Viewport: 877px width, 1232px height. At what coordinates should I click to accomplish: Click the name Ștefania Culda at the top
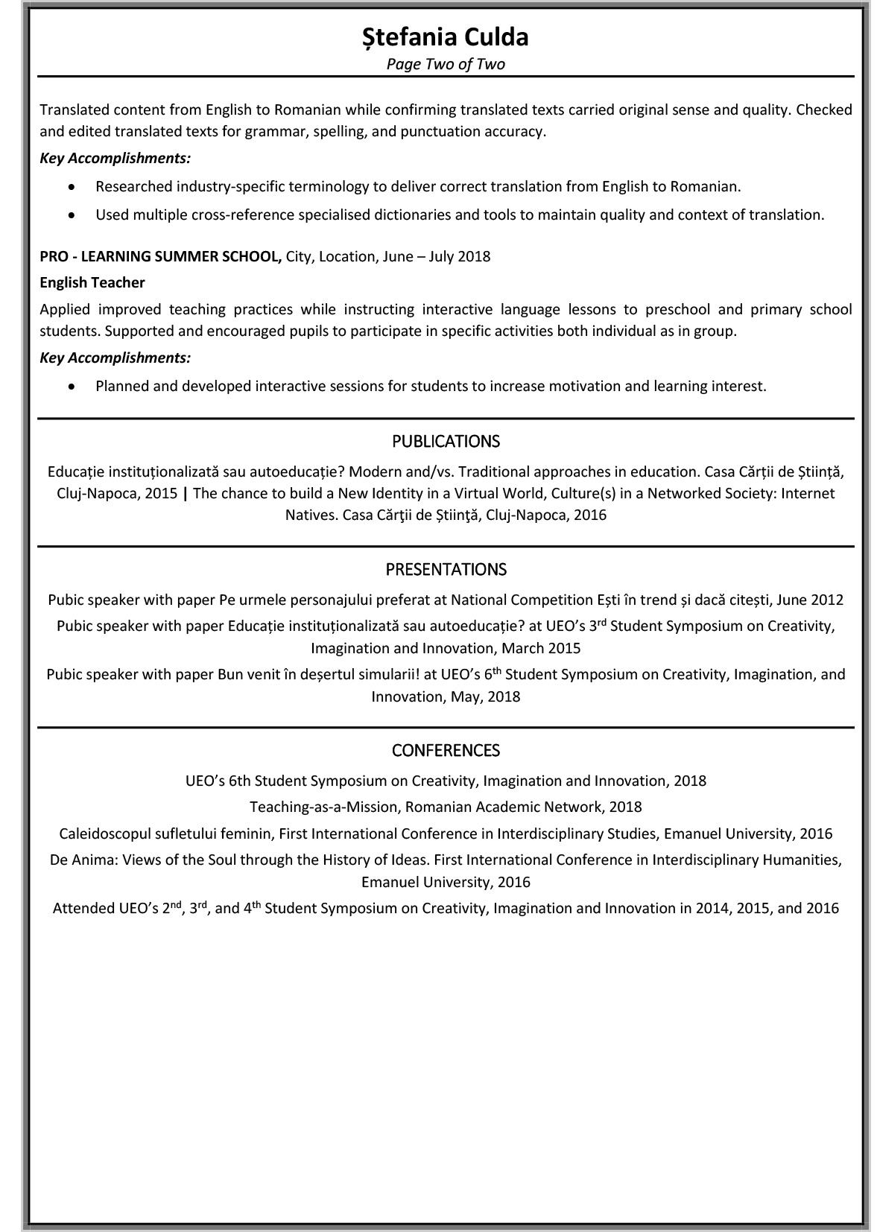coord(445,37)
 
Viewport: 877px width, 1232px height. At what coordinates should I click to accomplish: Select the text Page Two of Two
coord(445,64)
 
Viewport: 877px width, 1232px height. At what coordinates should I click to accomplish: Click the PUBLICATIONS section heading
coord(446,442)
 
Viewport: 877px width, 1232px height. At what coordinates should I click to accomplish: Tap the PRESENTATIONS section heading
coord(446,570)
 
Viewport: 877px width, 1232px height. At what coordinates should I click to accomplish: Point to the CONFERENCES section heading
coord(446,750)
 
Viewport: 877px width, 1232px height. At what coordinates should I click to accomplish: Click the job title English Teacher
coord(92,282)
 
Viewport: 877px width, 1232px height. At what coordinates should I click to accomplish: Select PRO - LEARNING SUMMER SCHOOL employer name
coord(160,256)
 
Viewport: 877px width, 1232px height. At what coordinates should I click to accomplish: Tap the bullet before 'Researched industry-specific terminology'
coord(71,187)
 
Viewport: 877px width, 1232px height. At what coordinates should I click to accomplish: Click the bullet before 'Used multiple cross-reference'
coord(71,215)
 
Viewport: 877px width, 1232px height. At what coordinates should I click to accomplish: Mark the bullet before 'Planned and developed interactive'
coord(71,387)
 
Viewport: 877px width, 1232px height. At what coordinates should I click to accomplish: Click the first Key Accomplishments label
coord(115,158)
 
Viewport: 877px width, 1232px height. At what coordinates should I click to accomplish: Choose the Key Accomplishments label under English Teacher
coord(115,358)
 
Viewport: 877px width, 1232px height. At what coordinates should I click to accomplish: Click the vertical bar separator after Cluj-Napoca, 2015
coord(185,493)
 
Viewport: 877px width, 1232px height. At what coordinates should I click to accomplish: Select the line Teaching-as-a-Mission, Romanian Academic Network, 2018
coord(446,807)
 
